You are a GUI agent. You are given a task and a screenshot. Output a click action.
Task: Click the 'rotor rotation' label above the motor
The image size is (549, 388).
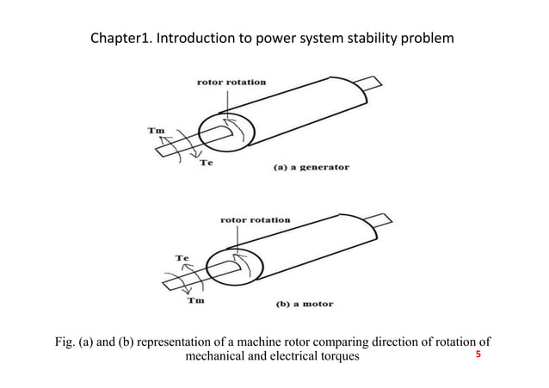(256, 220)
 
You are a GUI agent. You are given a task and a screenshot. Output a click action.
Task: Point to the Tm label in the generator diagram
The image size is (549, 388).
(155, 131)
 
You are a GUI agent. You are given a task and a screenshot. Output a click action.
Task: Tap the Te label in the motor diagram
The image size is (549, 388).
(182, 257)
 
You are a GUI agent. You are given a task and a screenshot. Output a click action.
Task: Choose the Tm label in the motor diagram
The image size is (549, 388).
(196, 300)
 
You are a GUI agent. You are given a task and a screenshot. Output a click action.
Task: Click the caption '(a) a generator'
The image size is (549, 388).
(311, 167)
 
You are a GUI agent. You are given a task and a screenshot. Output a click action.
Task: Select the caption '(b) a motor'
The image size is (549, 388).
(304, 304)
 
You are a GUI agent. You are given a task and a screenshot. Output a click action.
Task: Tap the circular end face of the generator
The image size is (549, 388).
(226, 134)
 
